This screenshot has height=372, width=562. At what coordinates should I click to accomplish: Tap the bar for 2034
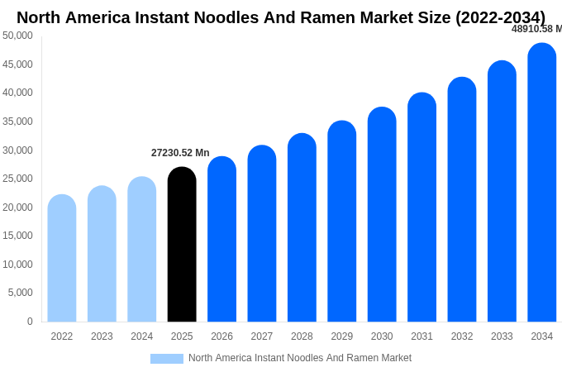(541, 183)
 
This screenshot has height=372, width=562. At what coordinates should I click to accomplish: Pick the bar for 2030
(382, 215)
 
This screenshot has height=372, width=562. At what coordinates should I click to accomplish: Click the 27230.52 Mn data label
(180, 153)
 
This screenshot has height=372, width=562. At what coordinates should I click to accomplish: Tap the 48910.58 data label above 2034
(536, 29)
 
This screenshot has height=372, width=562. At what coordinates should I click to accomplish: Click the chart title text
(281, 17)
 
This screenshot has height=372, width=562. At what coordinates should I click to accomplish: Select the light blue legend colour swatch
(166, 359)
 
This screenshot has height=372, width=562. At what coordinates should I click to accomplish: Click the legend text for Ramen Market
(300, 358)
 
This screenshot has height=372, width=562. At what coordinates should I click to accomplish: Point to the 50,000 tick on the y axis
(17, 36)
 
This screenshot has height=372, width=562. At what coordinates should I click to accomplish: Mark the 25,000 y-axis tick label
(17, 179)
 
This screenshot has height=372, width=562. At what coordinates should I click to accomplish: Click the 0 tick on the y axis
(30, 322)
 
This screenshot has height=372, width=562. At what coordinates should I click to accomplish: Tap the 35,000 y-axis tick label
(17, 122)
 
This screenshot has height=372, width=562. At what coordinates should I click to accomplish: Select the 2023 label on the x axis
(102, 336)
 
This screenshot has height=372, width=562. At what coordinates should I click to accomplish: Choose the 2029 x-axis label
(342, 336)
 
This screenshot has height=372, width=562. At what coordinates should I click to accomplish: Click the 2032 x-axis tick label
(462, 336)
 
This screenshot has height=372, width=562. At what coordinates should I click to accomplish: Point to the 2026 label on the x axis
(221, 336)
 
